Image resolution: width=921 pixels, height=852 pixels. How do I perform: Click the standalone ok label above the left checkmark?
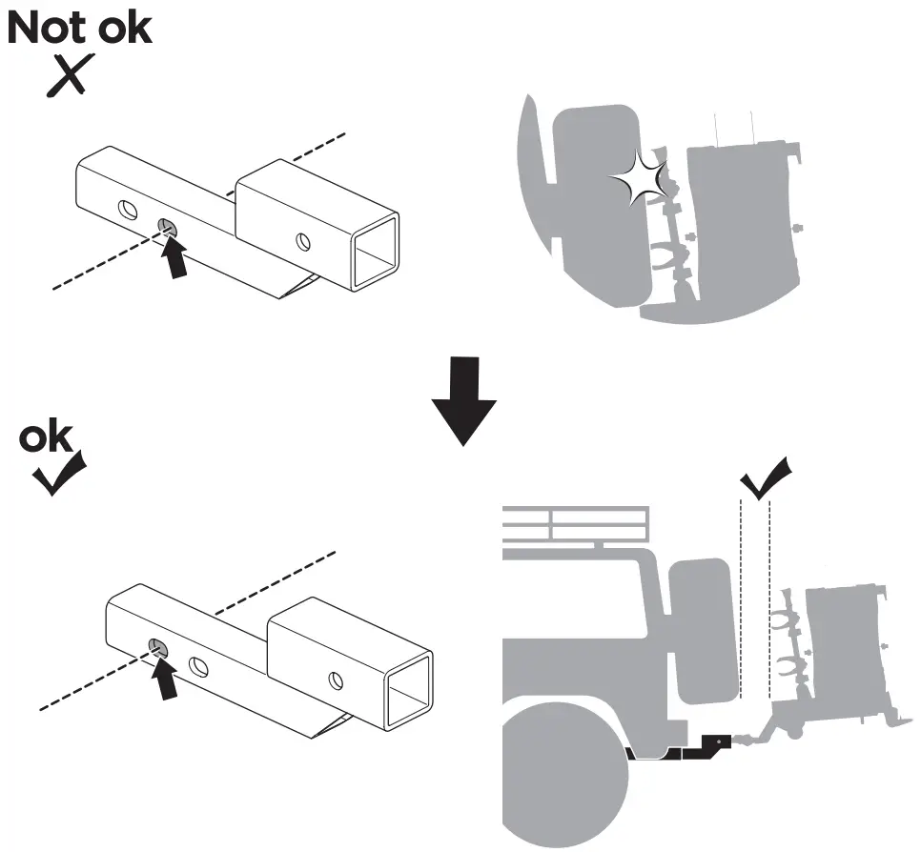point(47,438)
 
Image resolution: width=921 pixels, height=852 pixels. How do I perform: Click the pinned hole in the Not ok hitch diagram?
point(165,226)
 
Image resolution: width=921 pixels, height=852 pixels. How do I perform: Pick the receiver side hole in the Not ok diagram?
point(302,241)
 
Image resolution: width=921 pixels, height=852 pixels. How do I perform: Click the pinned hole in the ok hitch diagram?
point(157,648)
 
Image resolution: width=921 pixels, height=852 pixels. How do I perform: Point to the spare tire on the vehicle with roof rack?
point(704,629)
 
